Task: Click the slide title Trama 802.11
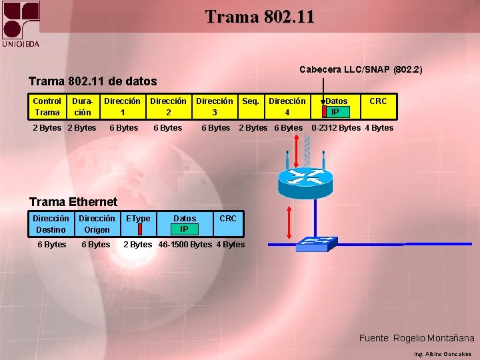point(259,16)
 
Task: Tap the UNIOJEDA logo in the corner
point(21,24)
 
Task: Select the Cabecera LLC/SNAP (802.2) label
point(361,69)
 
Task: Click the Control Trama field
point(47,107)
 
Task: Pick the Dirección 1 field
point(123,107)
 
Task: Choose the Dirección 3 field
point(215,107)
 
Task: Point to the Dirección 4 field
point(287,107)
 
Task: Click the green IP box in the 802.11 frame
point(335,112)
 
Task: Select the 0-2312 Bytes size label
point(336,128)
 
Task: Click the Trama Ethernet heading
point(73,201)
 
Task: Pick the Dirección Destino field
point(51,224)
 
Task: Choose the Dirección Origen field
point(97,224)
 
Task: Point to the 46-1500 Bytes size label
point(185,245)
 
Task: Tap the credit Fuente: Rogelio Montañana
point(417,338)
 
